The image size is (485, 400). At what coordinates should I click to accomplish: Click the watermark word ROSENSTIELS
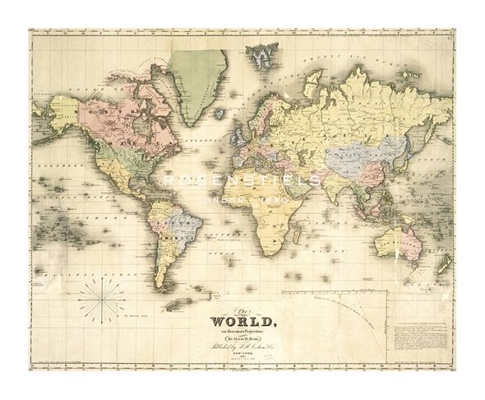point(242,179)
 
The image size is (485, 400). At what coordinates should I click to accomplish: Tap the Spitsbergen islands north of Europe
point(262,53)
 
